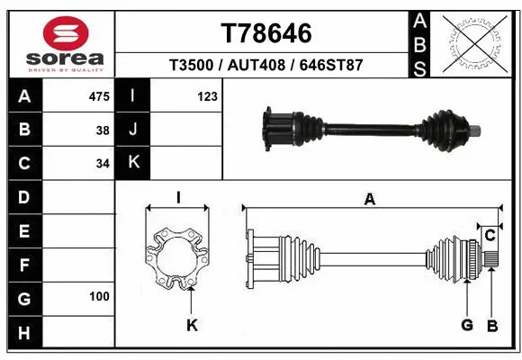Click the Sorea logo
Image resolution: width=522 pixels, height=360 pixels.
click(x=58, y=42)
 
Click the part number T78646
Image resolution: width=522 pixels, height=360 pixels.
click(x=266, y=33)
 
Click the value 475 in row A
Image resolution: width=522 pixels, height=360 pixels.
click(x=100, y=96)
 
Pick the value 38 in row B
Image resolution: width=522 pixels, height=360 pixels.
click(x=103, y=130)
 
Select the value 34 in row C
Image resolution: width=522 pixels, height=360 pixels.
click(x=103, y=163)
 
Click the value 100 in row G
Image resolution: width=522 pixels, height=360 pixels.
click(x=99, y=296)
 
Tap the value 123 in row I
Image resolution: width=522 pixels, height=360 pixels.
click(x=207, y=96)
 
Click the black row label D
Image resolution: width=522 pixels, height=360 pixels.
click(x=23, y=196)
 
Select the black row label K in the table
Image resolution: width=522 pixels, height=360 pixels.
click(x=133, y=163)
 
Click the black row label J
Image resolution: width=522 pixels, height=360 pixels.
click(x=133, y=130)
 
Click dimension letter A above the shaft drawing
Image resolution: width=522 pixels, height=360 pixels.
click(x=369, y=200)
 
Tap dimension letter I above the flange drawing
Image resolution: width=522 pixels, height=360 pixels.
click(x=178, y=198)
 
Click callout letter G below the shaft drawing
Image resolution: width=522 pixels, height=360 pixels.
click(x=467, y=324)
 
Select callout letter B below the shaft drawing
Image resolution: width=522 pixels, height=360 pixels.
click(x=491, y=324)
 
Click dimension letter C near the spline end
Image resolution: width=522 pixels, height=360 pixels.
click(x=490, y=236)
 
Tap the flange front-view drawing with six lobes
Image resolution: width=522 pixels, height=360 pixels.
click(x=178, y=258)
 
